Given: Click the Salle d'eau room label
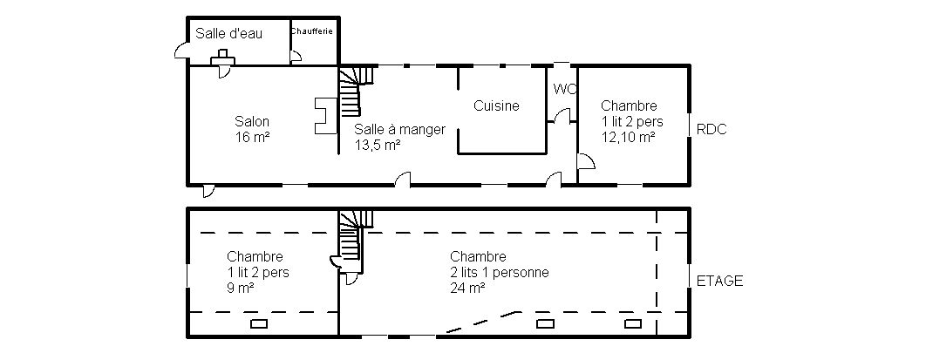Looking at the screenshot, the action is [229, 34].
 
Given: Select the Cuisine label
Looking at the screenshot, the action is [497, 106].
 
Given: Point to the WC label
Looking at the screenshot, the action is [564, 89].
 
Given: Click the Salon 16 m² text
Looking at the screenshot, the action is [252, 129].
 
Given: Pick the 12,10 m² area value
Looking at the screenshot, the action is [629, 138].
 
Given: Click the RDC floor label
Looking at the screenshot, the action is [712, 130].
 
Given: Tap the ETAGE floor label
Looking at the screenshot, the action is [720, 281].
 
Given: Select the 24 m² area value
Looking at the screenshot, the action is [467, 289].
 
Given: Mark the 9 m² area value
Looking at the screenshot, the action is [241, 289].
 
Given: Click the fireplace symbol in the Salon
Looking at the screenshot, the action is [323, 116].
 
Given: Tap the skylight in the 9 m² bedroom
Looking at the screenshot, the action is [259, 323].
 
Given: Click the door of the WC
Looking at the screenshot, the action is [562, 116].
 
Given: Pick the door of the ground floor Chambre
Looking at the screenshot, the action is [586, 161].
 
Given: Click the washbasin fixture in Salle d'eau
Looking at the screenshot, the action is [222, 57].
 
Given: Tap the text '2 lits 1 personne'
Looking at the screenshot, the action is [500, 273].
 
